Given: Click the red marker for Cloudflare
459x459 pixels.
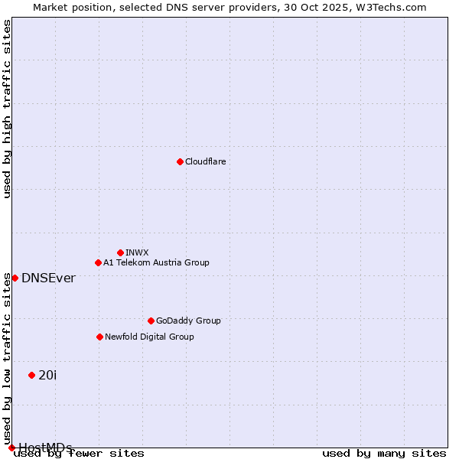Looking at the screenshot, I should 180,161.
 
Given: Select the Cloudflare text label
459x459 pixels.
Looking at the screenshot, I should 205,161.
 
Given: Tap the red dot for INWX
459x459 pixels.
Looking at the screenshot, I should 120,252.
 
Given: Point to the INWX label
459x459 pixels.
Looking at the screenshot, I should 137,252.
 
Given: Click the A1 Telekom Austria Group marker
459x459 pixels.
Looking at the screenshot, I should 98,262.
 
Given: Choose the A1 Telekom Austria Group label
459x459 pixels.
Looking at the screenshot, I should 156,262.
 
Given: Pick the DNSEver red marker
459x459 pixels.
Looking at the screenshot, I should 15,278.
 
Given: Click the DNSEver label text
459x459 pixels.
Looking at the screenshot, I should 48,278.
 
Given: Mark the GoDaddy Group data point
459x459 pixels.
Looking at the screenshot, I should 151,321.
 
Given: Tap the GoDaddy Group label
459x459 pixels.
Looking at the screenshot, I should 188,321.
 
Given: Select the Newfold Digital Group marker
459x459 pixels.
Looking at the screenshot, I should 99,337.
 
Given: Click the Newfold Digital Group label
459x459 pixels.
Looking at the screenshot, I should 149,337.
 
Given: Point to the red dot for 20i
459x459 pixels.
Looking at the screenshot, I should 31,375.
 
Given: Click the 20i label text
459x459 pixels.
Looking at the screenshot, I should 47,375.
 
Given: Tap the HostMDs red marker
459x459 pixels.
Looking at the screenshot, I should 11,448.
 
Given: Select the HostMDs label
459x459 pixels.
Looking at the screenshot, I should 45,448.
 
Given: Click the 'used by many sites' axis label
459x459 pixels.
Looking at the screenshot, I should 384,453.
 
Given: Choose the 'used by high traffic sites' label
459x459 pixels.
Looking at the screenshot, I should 7,109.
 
